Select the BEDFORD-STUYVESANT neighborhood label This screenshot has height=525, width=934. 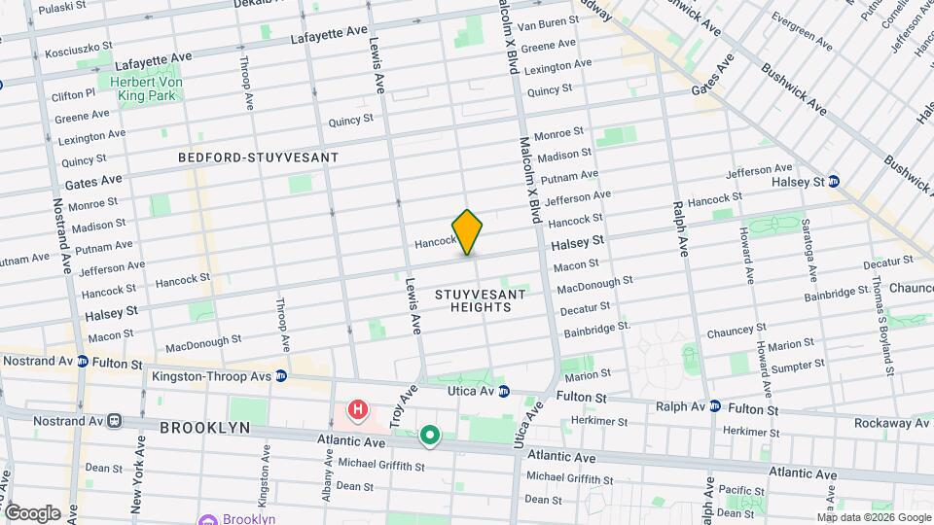coord(259,157)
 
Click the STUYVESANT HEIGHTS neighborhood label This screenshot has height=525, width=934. coord(481,300)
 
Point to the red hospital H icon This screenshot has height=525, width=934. coord(358,411)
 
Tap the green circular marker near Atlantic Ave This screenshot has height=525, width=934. coord(430,436)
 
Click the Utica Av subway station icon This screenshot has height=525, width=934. coord(504,392)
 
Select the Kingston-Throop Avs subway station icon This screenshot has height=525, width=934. coord(280,375)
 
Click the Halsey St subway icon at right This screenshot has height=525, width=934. coord(834,182)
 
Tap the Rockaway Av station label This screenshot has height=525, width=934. coord(892,423)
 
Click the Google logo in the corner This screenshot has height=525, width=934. coord(32,513)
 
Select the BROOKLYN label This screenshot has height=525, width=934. coord(204,428)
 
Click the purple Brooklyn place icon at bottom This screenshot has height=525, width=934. coord(205,519)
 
